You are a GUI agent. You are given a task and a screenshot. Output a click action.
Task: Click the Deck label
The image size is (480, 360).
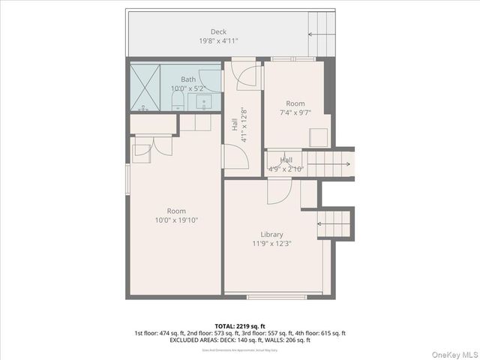[x=218, y=31]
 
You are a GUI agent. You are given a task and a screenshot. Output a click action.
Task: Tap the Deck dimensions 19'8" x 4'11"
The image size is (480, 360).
[x=218, y=41]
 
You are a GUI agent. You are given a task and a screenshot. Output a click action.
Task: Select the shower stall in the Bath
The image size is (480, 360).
[x=144, y=88]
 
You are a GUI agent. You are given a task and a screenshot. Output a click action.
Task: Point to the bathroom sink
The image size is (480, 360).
[x=208, y=101]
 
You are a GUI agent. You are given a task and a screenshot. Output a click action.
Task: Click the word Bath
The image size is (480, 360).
[x=188, y=79]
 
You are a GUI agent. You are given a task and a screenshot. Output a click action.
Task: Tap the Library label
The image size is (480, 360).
[x=271, y=234]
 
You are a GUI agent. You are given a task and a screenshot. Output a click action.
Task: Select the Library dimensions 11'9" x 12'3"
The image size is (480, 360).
[x=271, y=243]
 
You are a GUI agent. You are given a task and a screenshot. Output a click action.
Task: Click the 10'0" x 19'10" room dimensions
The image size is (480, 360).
[x=176, y=220]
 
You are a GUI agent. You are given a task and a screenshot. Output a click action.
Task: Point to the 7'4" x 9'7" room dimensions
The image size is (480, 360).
[x=295, y=112]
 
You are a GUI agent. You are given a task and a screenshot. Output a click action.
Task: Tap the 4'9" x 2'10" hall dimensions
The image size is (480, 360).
[x=286, y=169]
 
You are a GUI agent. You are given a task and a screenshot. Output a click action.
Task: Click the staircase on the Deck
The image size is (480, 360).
[x=321, y=34]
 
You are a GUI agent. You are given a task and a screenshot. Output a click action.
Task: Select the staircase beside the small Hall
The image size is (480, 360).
[x=328, y=164]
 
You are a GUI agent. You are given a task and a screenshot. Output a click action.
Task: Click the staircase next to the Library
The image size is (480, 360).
[x=334, y=223]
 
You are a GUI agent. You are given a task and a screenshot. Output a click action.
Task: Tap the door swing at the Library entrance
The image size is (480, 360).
[x=278, y=190]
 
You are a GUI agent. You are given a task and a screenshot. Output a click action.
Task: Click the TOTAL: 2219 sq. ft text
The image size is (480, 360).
[x=239, y=326]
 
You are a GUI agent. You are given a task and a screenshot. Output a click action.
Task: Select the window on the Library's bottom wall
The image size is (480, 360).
[x=276, y=296]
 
